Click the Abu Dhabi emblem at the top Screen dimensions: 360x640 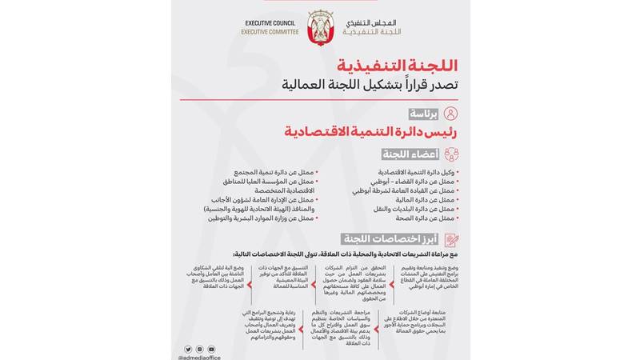[x=320, y=26]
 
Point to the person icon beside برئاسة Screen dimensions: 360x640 [x=451, y=113]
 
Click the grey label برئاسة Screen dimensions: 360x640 [x=425, y=114]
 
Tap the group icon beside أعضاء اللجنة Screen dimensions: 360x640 [x=451, y=154]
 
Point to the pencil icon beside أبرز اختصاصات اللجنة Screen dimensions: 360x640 [x=451, y=239]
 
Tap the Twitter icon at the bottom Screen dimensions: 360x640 [x=189, y=349]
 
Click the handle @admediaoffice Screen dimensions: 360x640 [x=199, y=357]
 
